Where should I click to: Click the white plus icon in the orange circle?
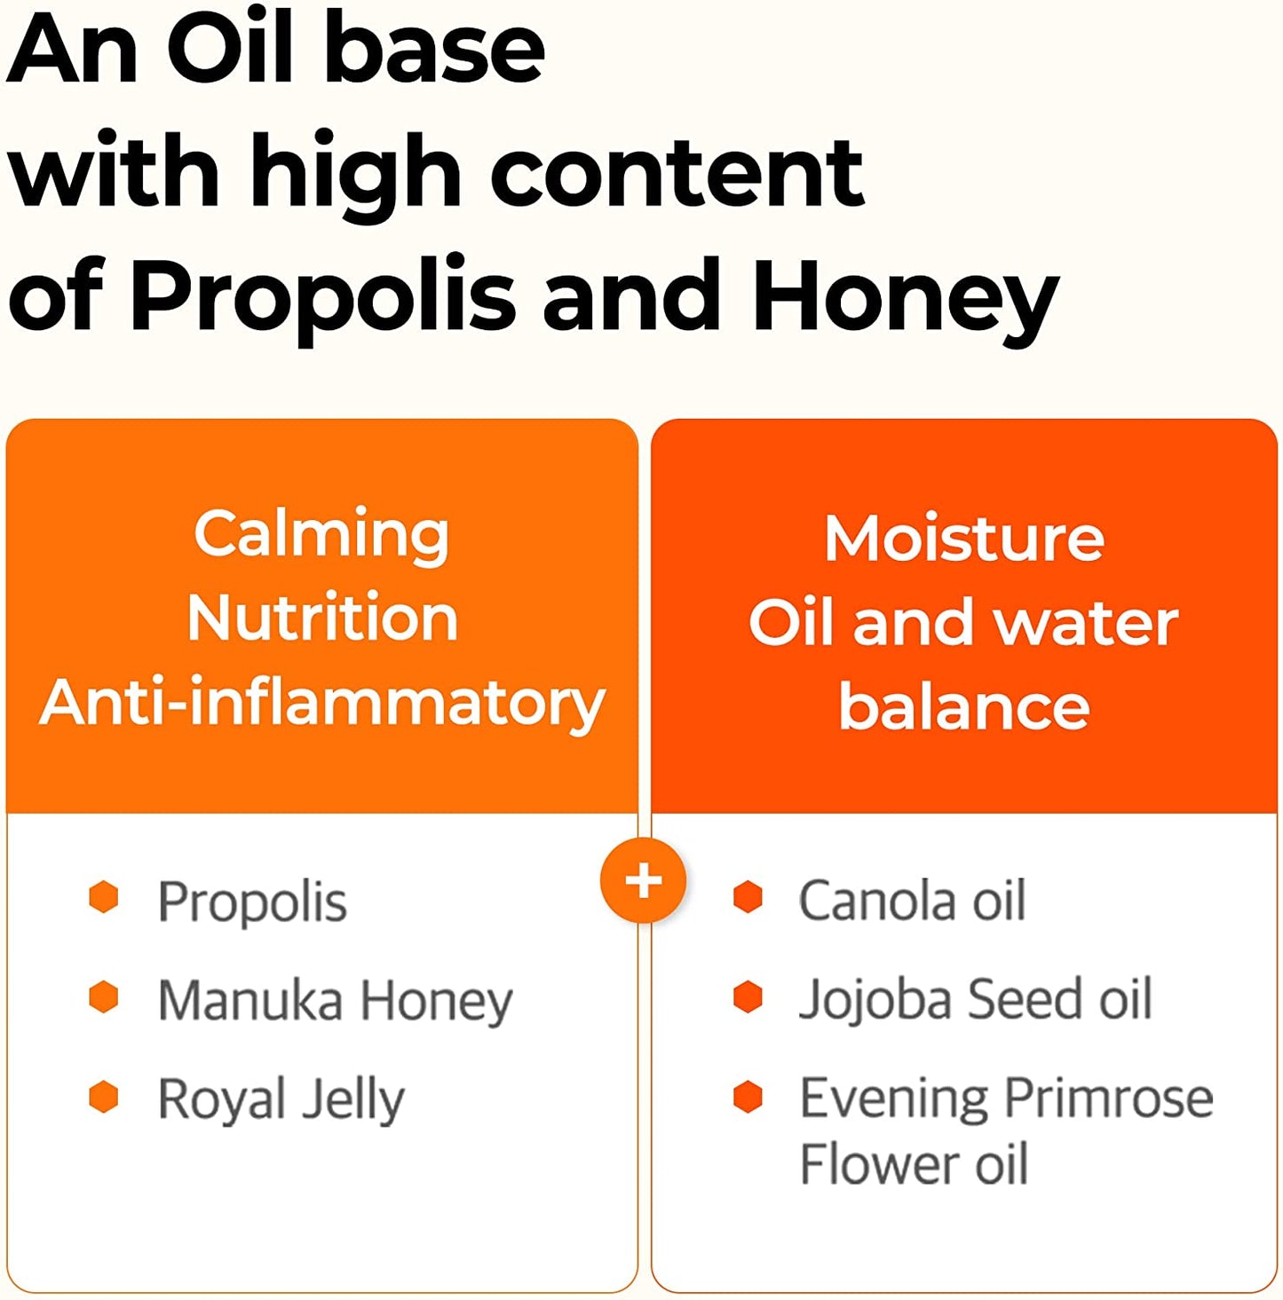(643, 880)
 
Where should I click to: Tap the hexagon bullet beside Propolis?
(104, 897)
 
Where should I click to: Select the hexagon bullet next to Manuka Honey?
(104, 997)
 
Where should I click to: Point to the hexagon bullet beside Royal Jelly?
(104, 1096)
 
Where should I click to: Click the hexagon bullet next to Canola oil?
(748, 896)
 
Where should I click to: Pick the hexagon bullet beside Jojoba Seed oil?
(748, 997)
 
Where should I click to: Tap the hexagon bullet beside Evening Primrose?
(748, 1096)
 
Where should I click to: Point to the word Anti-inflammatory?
(322, 704)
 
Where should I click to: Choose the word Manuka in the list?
(249, 1000)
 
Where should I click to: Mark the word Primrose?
(1109, 1099)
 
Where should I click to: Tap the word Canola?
(876, 901)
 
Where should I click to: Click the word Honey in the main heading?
(905, 301)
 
